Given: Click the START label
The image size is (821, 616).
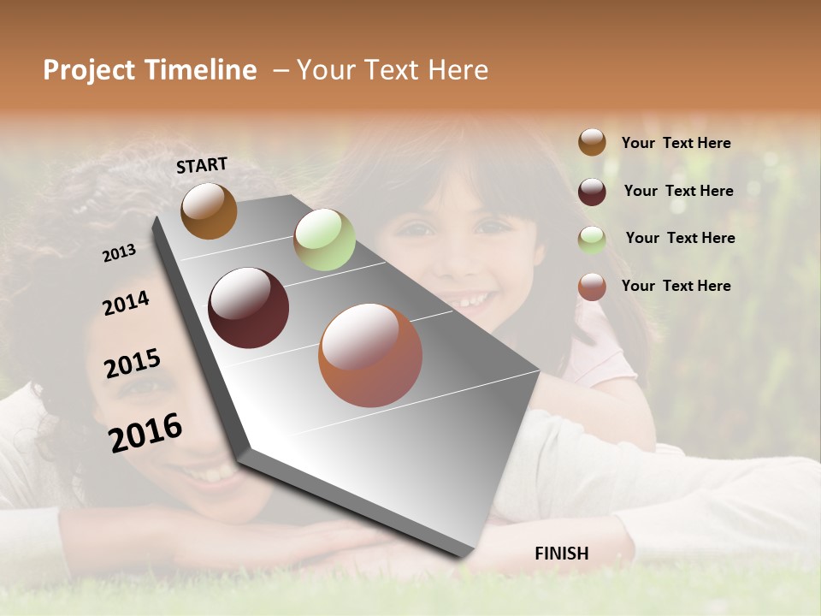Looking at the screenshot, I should coord(202,165).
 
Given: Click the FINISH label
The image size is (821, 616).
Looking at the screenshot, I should coord(561,554).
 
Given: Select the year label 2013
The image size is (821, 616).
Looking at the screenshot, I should coord(120,252).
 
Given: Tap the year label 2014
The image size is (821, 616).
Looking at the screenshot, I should coord(126,304).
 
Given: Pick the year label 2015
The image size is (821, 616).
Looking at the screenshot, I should coord(133,364).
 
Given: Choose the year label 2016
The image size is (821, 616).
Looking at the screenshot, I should coord(145,432).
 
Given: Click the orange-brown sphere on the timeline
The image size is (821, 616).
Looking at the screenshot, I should coord(209,210).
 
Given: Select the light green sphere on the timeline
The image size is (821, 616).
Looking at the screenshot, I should coord(324,240).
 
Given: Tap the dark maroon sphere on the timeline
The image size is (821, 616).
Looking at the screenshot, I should coord(249,308).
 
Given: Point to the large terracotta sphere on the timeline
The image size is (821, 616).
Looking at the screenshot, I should coord(370,355).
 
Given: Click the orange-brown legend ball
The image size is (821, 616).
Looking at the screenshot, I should coord(592,142).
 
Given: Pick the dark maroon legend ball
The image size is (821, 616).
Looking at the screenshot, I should coord(592,191).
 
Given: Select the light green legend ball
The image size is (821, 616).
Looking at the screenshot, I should coord(592,239).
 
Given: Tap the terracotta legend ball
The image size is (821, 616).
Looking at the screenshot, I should coord(592,287).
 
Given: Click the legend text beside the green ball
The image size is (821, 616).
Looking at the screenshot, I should coord(680,238).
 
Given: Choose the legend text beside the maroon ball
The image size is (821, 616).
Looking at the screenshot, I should coord(678,191).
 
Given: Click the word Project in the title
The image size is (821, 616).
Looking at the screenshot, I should coord(90,70).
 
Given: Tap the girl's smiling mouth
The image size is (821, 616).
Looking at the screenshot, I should coord(466,300).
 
